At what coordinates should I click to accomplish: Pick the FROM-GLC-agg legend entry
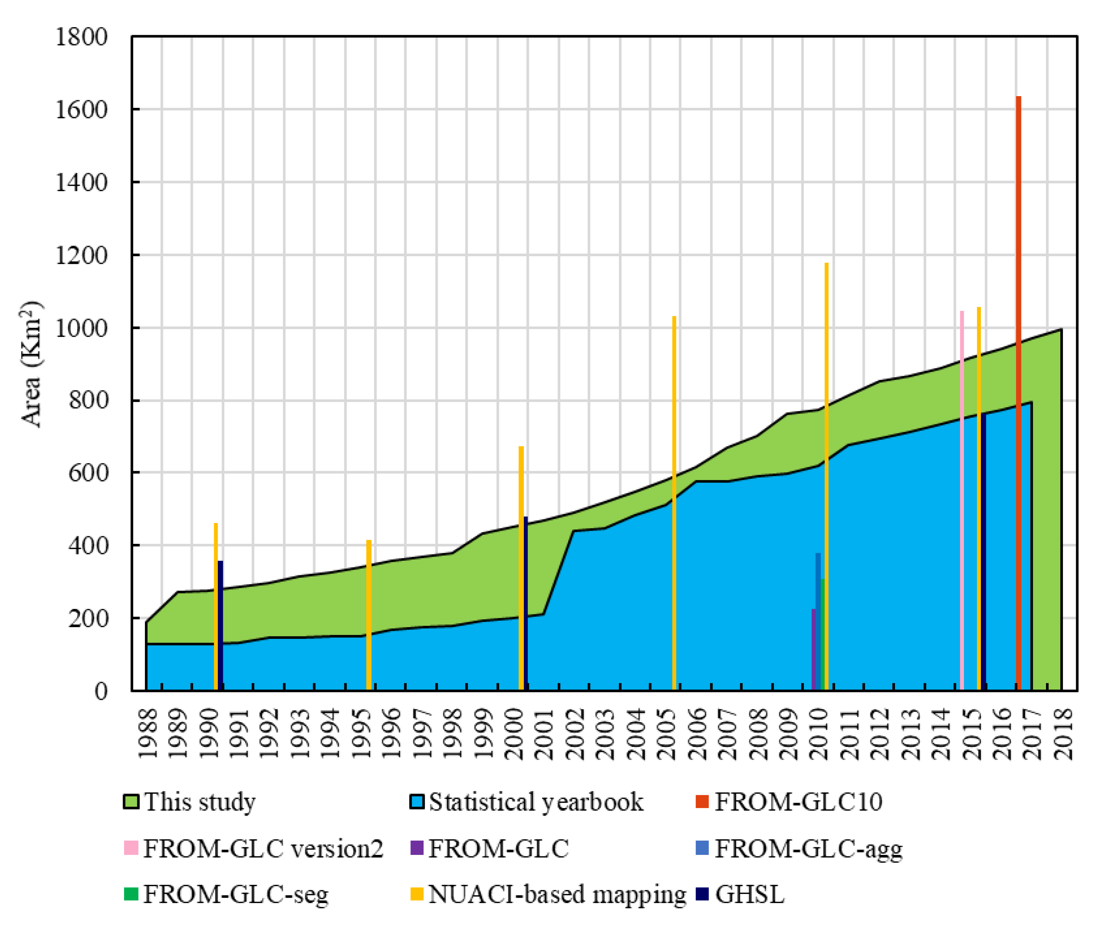click(799, 848)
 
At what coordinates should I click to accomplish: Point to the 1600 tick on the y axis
click(81, 110)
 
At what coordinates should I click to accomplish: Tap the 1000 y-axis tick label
click(81, 328)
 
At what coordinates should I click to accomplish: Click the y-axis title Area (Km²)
click(32, 364)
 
